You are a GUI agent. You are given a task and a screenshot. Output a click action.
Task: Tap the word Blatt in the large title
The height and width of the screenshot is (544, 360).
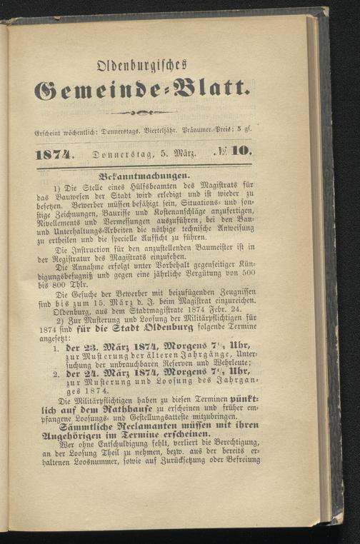click(206, 90)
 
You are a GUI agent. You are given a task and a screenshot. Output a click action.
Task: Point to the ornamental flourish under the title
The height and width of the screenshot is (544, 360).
click(142, 113)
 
